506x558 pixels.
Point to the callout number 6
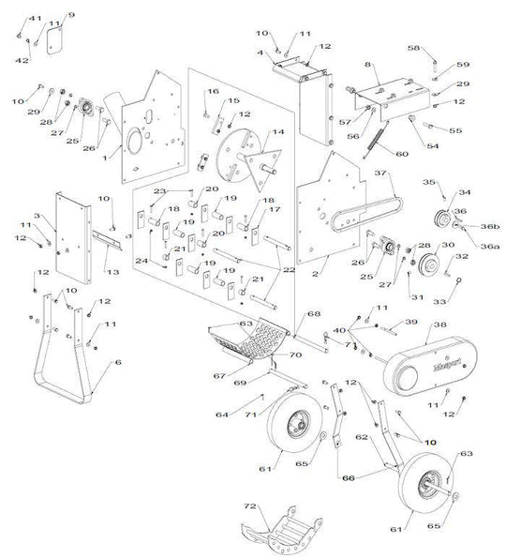tap(117, 361)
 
